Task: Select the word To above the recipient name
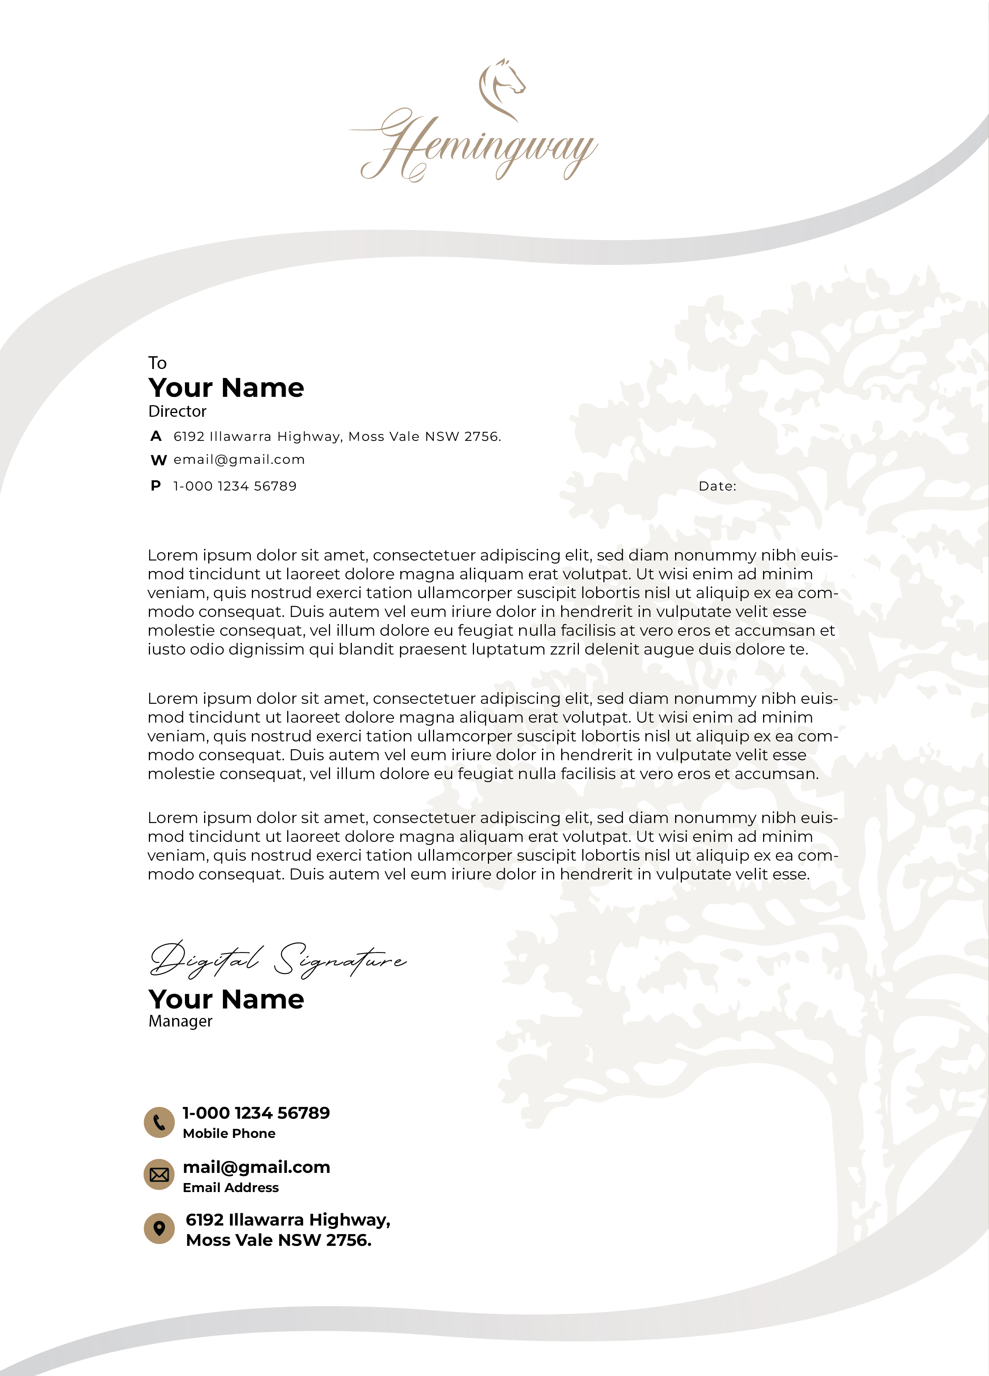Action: [157, 363]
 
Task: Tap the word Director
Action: [177, 412]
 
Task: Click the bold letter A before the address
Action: [156, 436]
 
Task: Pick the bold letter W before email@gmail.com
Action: [158, 460]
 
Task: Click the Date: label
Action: [717, 486]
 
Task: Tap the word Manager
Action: [180, 1021]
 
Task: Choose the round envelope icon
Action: [159, 1175]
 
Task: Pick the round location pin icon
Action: [159, 1229]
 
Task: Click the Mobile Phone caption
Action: [229, 1133]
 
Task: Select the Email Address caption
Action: [230, 1187]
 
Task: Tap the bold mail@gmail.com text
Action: [256, 1167]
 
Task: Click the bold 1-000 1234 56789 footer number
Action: [256, 1113]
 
